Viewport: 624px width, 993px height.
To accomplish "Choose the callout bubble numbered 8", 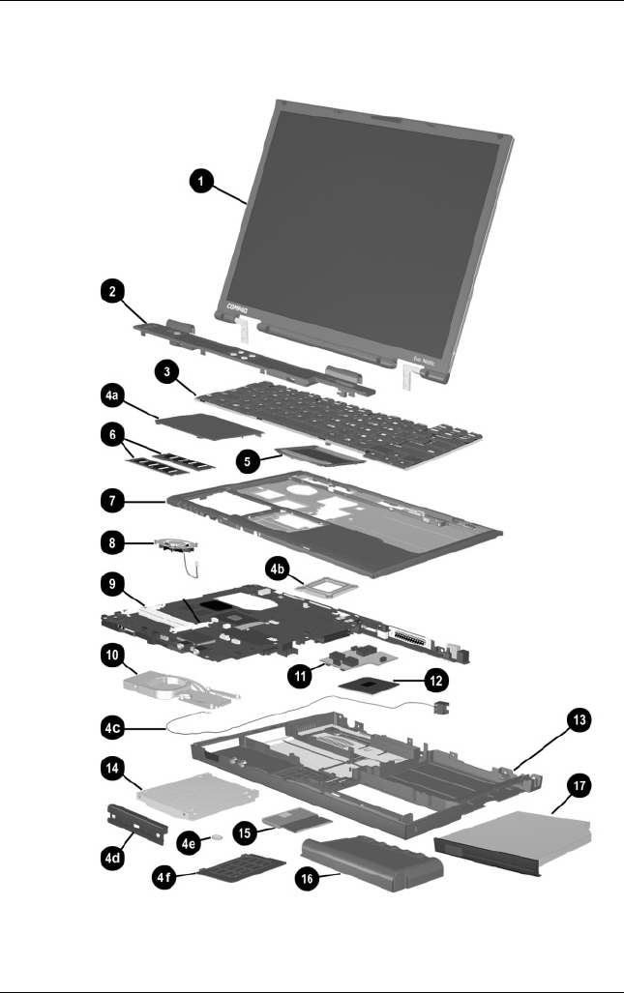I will (x=115, y=544).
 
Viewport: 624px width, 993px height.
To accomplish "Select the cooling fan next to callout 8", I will (x=175, y=552).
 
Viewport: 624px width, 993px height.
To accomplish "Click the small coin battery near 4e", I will (x=220, y=832).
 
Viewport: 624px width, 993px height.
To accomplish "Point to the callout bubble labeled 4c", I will (x=115, y=725).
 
